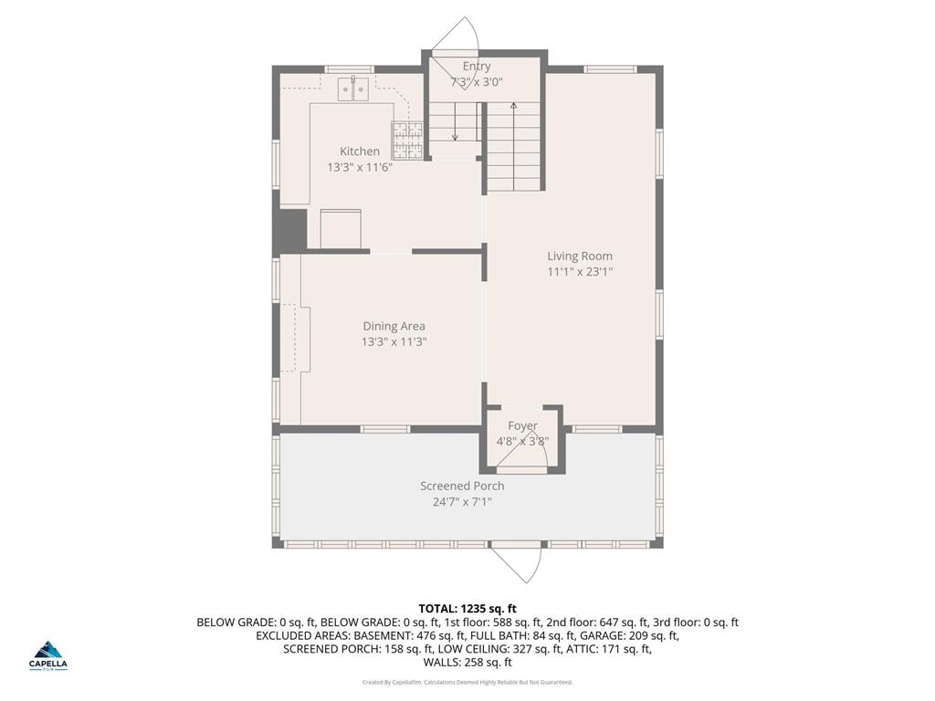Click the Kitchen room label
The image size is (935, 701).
click(x=360, y=152)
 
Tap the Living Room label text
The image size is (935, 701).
click(x=580, y=256)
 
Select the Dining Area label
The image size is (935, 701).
click(x=394, y=326)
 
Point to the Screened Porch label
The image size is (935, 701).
click(x=462, y=486)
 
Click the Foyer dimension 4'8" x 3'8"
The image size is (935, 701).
click(x=522, y=441)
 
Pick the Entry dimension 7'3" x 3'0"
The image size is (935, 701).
click(x=477, y=82)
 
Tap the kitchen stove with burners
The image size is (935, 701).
click(x=407, y=140)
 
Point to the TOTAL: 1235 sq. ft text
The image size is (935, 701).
click(x=467, y=608)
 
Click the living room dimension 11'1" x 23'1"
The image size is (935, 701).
click(x=580, y=272)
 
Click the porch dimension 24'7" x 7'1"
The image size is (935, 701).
click(x=462, y=501)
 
